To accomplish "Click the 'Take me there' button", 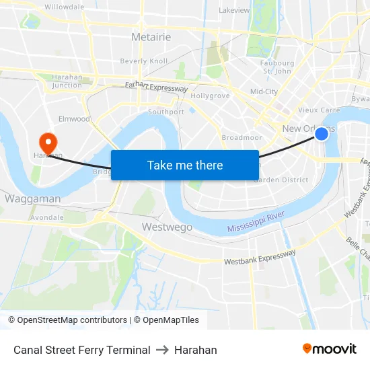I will [x=185, y=165].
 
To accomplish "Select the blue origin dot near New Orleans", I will [x=322, y=134].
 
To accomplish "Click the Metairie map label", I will [x=151, y=37].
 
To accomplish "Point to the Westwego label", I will [x=167, y=227].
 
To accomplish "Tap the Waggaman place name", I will [x=32, y=199].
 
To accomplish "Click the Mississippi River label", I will [x=256, y=223].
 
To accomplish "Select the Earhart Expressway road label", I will [x=156, y=87].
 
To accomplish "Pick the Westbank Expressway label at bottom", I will [x=260, y=257].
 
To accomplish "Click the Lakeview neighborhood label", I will [x=234, y=11].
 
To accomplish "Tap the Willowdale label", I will [x=64, y=7].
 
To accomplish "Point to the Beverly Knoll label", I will [x=144, y=61].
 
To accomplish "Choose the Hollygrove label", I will [x=211, y=96].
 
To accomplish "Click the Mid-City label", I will [x=264, y=91].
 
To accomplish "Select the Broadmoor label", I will [x=242, y=137].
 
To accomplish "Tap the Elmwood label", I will [x=74, y=119].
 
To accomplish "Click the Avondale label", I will [x=47, y=218].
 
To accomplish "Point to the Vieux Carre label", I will [x=319, y=110].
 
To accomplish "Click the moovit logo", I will [x=330, y=349].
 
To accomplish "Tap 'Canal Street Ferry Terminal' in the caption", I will [x=81, y=350].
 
